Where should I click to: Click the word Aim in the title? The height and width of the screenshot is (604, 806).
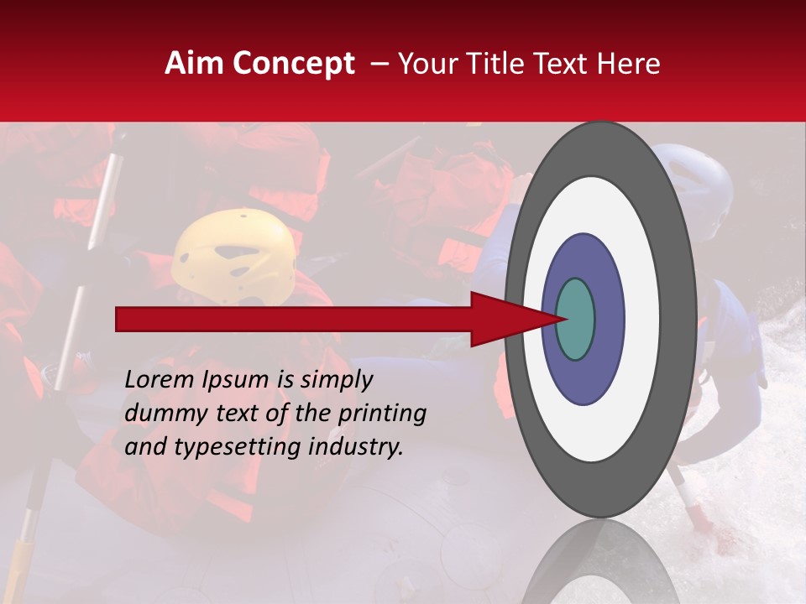click(x=194, y=64)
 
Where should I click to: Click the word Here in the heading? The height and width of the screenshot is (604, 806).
click(x=629, y=64)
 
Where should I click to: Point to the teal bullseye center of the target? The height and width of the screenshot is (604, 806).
click(x=576, y=319)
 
